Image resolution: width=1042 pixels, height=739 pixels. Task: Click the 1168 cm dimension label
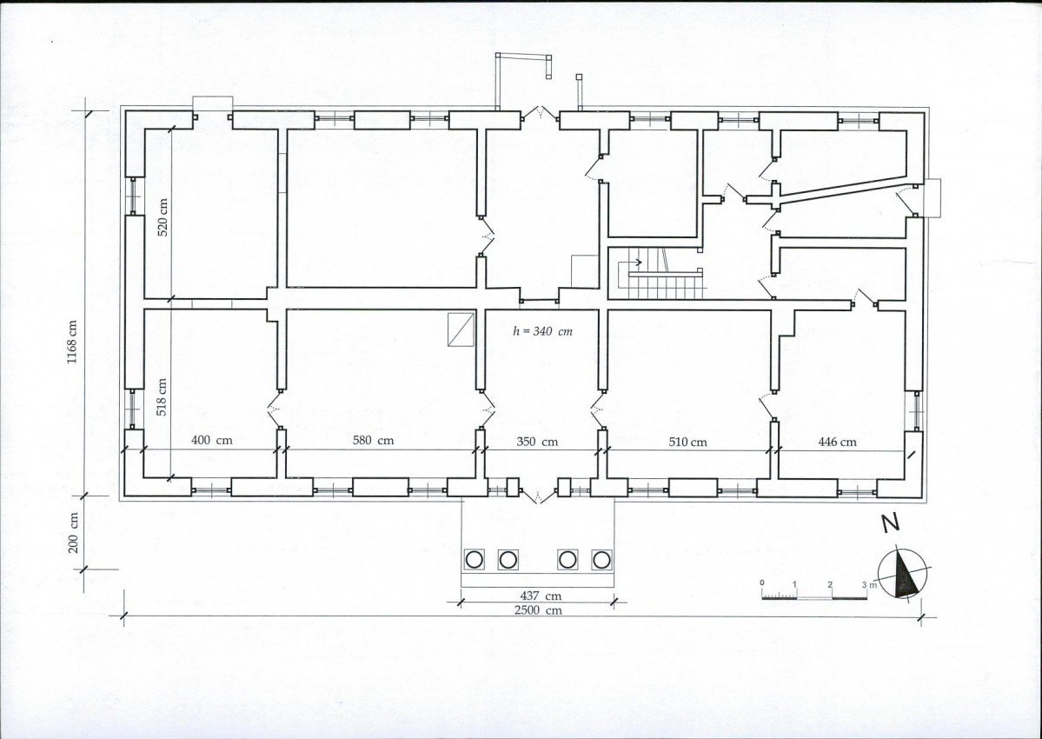point(72,343)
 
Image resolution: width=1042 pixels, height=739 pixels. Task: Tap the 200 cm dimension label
point(73,532)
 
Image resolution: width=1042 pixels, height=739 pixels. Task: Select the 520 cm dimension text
point(163,218)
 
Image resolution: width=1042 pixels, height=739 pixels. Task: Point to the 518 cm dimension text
point(162,396)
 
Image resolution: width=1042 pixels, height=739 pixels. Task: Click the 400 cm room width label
point(212,440)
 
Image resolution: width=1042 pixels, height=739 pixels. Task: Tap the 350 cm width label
point(537,442)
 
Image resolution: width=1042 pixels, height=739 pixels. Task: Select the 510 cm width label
point(687,442)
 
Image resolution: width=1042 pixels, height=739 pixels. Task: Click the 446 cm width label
point(837,442)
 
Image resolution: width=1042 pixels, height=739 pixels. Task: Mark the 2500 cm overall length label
point(538,610)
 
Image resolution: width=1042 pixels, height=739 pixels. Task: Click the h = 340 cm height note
point(543,331)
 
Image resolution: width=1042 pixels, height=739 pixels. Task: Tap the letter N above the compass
point(891,523)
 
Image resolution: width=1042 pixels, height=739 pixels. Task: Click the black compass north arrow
point(906,574)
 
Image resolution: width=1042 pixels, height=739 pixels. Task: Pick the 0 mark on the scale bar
point(762,583)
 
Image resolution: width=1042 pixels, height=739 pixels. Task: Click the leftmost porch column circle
point(474,560)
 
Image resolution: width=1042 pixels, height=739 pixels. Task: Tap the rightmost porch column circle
point(601,560)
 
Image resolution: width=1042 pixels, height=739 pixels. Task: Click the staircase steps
point(665,287)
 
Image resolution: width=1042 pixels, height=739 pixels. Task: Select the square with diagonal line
point(461,330)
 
